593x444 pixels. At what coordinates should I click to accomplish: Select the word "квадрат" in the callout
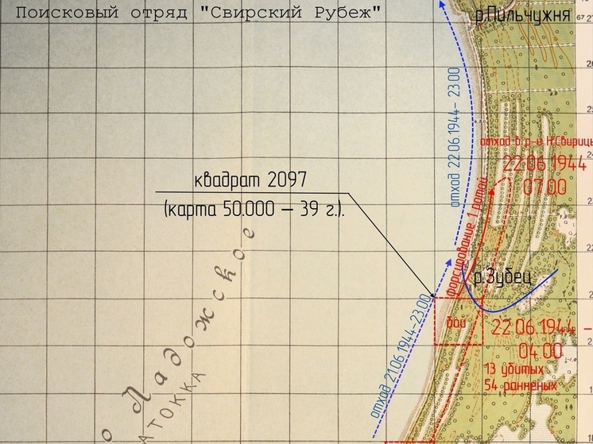tap(226, 180)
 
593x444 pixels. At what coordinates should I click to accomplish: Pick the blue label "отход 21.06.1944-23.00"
tap(405, 357)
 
